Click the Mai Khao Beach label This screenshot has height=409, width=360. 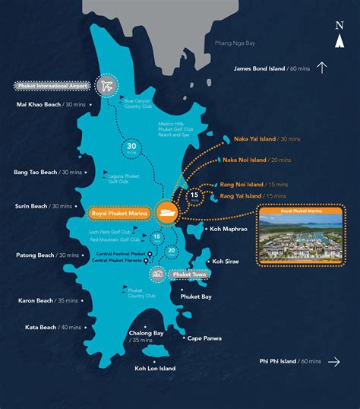pyautogui.click(x=49, y=104)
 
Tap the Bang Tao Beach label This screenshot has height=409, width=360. pyautogui.click(x=46, y=173)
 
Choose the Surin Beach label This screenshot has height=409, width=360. pyautogui.click(x=43, y=206)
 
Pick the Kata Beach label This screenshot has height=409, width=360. pyautogui.click(x=43, y=327)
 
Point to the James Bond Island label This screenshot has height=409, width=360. pyautogui.click(x=270, y=68)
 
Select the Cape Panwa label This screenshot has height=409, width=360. pyautogui.click(x=204, y=338)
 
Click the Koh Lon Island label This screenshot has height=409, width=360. pyautogui.click(x=155, y=369)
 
